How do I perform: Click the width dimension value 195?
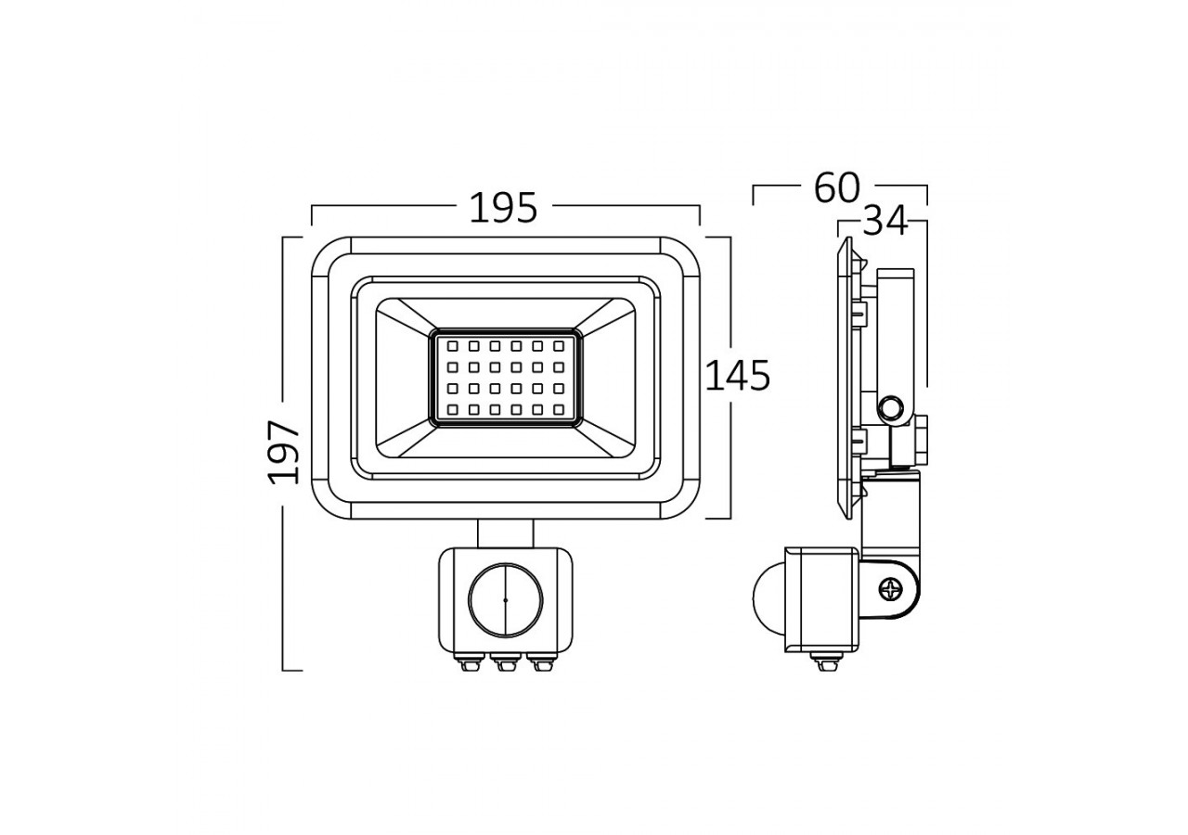pyautogui.click(x=503, y=208)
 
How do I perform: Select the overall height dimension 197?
pyautogui.click(x=285, y=452)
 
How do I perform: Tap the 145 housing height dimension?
pyautogui.click(x=738, y=376)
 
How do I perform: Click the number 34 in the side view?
pyautogui.click(x=885, y=223)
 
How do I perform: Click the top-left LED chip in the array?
pyautogui.click(x=452, y=346)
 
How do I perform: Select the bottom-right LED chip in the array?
pyautogui.click(x=558, y=408)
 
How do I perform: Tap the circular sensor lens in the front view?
pyautogui.click(x=505, y=599)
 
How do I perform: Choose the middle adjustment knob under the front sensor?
pyautogui.click(x=505, y=662)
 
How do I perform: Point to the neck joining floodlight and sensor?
pyautogui.click(x=506, y=533)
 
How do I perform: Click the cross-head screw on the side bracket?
pyautogui.click(x=892, y=587)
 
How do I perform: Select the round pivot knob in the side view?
pyautogui.click(x=892, y=406)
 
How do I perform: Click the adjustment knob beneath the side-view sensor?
pyautogui.click(x=821, y=662)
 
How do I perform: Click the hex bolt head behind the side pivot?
pyautogui.click(x=922, y=441)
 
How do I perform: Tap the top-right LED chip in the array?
pyautogui.click(x=558, y=346)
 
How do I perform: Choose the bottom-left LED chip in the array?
pyautogui.click(x=452, y=408)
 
